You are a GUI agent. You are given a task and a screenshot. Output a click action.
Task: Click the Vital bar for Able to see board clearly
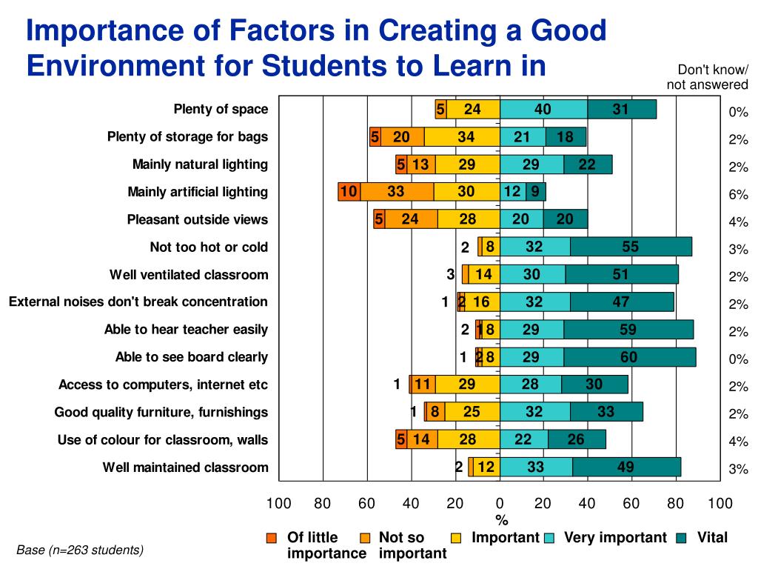(x=629, y=357)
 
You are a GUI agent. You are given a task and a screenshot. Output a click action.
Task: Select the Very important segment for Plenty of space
(x=543, y=109)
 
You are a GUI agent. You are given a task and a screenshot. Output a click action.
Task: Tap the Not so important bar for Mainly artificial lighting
(x=396, y=192)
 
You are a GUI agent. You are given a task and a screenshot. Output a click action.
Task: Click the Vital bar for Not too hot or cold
(x=631, y=247)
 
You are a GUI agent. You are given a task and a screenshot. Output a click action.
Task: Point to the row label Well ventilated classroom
(x=189, y=275)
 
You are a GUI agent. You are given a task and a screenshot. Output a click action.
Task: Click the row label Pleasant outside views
(x=197, y=220)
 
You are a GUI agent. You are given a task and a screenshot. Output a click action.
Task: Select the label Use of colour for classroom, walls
(x=162, y=440)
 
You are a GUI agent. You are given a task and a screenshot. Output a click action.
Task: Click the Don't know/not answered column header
(x=707, y=77)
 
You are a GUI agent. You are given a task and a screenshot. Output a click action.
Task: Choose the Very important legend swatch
(x=550, y=538)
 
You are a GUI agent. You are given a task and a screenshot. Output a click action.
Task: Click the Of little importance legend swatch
(x=272, y=538)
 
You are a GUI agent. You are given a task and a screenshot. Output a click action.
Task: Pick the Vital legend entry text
(x=712, y=538)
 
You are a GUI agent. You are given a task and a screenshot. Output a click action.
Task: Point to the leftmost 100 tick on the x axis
(x=278, y=504)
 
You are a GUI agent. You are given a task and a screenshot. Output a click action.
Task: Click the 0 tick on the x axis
(x=500, y=504)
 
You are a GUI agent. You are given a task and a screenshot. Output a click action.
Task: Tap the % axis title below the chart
(x=501, y=521)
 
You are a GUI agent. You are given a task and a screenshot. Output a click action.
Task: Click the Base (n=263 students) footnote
(x=80, y=550)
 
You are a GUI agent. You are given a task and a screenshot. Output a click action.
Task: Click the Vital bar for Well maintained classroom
(x=626, y=467)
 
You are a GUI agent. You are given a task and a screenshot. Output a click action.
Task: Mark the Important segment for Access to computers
(x=467, y=384)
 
